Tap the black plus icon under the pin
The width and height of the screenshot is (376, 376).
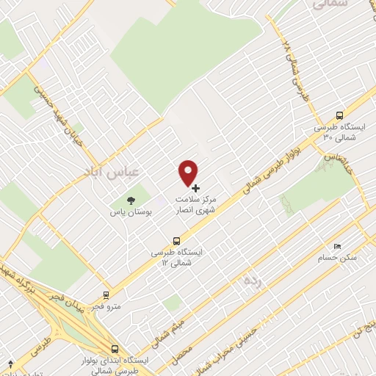coord(195,188)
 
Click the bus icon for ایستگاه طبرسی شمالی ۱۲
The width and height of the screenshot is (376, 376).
coord(176,240)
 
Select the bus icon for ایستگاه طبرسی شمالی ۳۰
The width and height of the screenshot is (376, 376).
coord(339,115)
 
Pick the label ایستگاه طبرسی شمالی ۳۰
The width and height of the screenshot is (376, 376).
coord(340,132)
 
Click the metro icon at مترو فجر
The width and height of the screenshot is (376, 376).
coord(107,295)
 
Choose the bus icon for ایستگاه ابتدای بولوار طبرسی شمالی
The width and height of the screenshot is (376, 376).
coord(114,350)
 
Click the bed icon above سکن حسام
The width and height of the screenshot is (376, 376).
coord(337,247)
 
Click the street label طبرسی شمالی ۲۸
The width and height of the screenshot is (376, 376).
coord(297,73)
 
